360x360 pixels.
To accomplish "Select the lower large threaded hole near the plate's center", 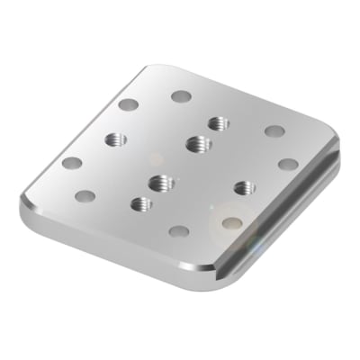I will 163,183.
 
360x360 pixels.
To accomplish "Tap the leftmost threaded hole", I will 115,139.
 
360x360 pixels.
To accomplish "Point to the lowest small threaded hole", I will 139,203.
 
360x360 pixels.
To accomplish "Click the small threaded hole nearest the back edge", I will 216,122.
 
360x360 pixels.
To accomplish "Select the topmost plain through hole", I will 181,95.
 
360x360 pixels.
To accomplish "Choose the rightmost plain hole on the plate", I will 288,164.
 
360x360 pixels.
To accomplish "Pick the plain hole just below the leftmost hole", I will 86,194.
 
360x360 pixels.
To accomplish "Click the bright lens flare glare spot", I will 232,220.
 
